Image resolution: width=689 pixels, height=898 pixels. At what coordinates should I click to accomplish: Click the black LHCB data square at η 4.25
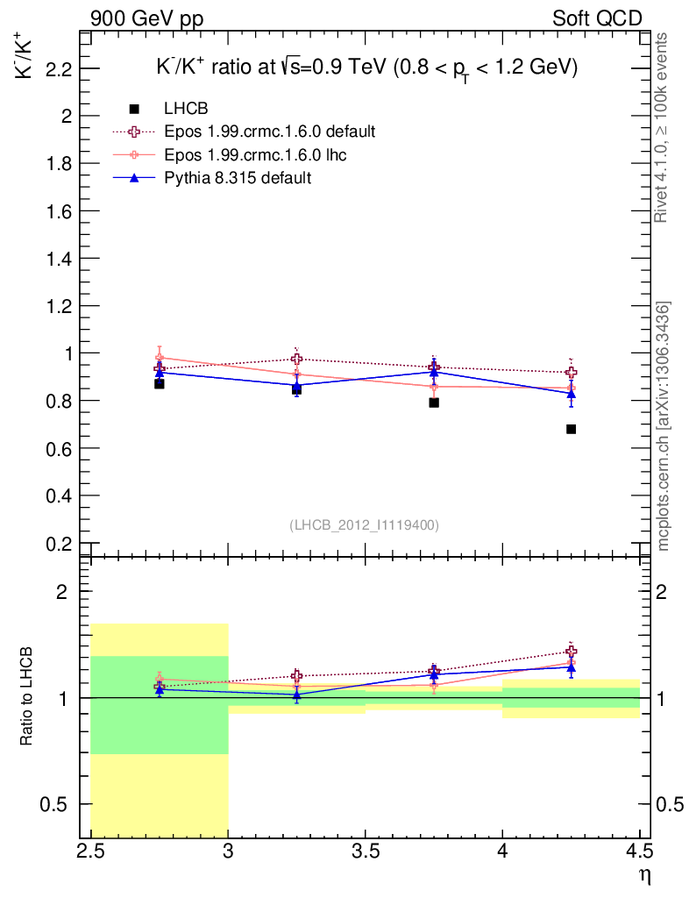tap(571, 429)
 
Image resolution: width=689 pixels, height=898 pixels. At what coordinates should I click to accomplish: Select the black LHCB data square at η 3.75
tap(434, 403)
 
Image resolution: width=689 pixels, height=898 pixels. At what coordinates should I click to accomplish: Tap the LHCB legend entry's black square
tap(134, 109)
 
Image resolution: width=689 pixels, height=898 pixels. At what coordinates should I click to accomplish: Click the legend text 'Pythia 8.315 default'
tap(238, 177)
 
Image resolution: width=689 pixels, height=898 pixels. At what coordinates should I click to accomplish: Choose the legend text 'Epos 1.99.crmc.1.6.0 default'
tap(270, 132)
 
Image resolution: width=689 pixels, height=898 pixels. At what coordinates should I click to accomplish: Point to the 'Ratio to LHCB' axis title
tap(28, 693)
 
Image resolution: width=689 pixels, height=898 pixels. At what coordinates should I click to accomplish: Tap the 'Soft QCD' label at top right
tap(597, 18)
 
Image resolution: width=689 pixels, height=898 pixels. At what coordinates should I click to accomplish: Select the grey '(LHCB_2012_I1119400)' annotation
tap(364, 524)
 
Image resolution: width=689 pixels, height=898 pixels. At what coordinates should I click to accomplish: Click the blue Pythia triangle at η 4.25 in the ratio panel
tap(571, 668)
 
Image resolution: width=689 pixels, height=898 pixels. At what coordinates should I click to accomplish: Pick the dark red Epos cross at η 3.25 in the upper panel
tap(297, 359)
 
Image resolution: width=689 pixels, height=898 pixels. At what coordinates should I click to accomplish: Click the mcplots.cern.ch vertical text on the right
tap(664, 427)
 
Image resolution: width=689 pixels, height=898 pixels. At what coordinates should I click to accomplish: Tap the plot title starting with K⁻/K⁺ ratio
tap(365, 68)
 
